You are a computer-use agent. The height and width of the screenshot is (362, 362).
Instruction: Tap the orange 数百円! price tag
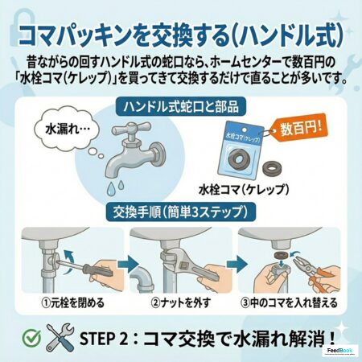pos(298,128)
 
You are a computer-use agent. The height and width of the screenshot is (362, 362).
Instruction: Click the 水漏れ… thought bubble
pos(68,130)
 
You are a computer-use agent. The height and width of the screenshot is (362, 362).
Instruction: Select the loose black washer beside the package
pos(271,168)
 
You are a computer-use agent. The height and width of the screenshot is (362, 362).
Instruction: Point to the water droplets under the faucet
pos(115,187)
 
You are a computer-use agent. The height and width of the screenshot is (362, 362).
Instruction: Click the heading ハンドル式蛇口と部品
pos(181,107)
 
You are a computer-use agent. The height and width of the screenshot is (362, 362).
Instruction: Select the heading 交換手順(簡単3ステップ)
pos(180,212)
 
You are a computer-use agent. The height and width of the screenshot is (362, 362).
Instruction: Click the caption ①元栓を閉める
pos(73,303)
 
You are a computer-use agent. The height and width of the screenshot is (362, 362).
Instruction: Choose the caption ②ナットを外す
pos(181,303)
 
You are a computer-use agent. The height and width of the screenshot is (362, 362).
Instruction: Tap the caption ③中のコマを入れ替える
pos(290,303)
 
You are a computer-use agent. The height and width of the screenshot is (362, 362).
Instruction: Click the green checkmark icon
pos(31,338)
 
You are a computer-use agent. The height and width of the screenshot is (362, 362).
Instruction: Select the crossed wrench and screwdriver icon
pos(60,337)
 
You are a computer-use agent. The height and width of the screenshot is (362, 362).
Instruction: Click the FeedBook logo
pos(339,351)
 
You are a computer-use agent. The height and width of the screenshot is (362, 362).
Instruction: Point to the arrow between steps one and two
pos(127,265)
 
